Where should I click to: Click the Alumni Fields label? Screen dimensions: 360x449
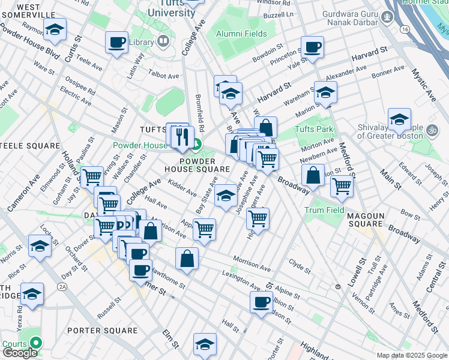tap(242, 34)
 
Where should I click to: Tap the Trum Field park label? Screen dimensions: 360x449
tap(324, 210)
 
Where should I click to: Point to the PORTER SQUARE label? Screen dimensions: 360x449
tap(103, 331)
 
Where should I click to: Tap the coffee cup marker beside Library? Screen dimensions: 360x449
tap(116, 43)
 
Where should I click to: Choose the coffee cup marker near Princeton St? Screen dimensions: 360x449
tap(312, 47)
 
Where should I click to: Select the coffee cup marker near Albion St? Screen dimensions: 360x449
tap(262, 302)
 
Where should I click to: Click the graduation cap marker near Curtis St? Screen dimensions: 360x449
tap(55, 29)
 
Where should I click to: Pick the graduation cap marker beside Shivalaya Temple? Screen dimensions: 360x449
tap(399, 119)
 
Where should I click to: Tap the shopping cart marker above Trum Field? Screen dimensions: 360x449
tap(342, 186)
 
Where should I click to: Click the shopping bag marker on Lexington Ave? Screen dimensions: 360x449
tap(187, 259)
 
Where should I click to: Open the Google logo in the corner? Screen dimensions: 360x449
tap(20, 353)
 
